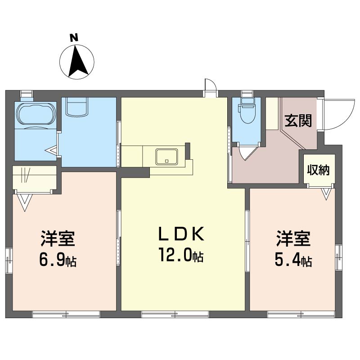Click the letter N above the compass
point(74,38)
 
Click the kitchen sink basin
point(166,157)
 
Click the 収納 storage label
point(319,170)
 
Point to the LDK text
point(181,234)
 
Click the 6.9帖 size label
point(58,260)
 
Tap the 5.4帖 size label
point(293,260)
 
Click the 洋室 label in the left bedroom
point(58,238)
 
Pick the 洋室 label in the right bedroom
point(293,238)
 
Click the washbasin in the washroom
point(77,106)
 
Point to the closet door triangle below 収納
point(326,193)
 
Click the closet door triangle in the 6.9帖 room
point(25,202)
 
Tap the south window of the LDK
point(175,314)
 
